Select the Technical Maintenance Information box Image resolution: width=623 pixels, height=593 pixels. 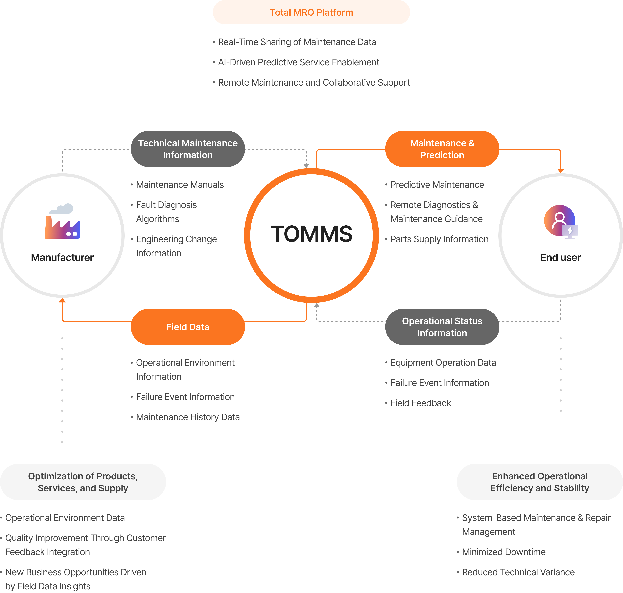coord(188,149)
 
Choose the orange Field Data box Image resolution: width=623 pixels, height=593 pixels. coord(188,327)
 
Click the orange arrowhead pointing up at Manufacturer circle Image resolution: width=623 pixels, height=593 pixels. coord(62,300)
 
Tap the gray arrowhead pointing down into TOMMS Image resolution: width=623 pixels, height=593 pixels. coord(306,166)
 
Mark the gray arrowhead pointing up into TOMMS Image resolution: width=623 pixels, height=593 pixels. coord(317,305)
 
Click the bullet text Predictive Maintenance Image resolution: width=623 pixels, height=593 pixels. coord(437,185)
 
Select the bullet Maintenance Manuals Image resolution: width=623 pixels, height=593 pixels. coord(180,185)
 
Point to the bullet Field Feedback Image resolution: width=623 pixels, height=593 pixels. coord(421,403)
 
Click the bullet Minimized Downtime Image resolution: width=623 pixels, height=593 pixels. coord(503,552)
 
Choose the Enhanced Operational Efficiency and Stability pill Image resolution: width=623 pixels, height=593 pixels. coord(540,482)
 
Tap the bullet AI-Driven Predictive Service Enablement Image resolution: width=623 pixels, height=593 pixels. coord(299,62)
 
